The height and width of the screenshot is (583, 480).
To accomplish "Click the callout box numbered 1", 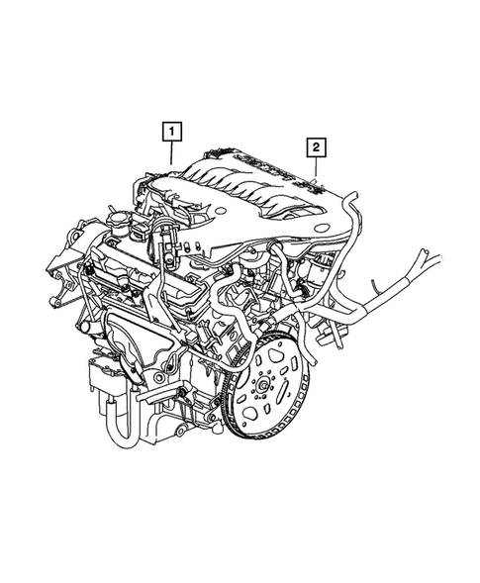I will tap(172, 130).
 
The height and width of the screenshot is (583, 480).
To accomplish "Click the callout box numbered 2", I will tap(317, 149).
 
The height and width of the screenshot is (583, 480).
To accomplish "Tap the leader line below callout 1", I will tap(172, 153).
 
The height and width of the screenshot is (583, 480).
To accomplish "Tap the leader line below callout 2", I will tap(317, 171).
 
